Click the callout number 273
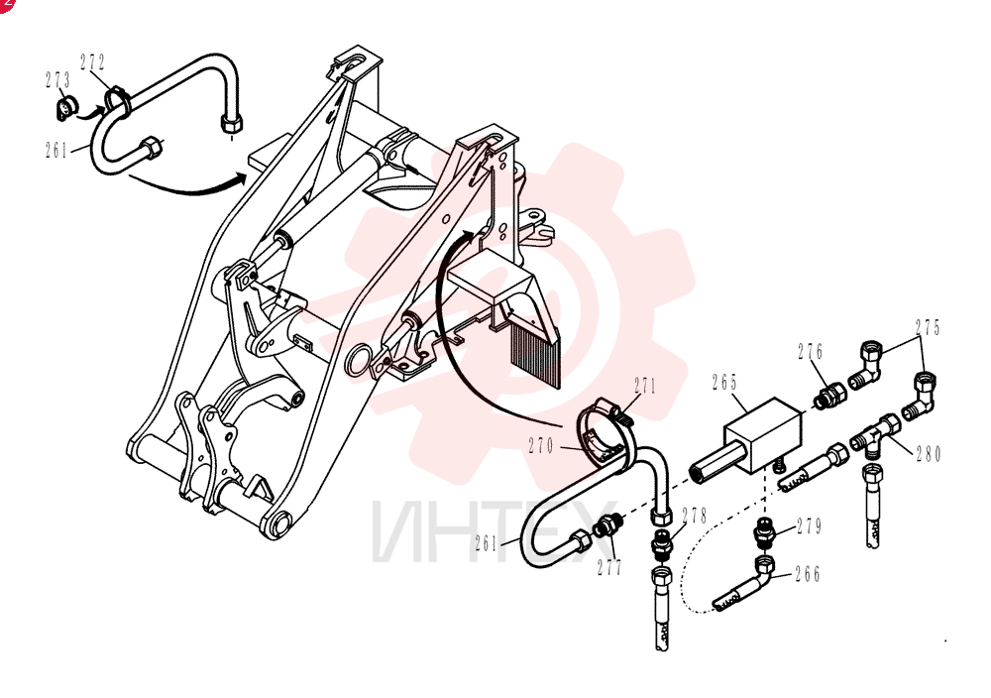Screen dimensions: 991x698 pos(57,80)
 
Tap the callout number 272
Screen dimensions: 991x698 pos(92,61)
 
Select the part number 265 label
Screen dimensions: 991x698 pos(724,383)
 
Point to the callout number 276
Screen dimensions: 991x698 pos(811,352)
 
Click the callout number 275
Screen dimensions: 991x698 pos(928,327)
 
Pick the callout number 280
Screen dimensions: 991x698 pos(930,454)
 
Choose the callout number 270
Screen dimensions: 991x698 pos(541,446)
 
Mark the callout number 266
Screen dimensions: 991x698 pos(808,574)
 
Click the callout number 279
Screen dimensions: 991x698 pos(809,526)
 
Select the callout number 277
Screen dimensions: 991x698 pos(609,567)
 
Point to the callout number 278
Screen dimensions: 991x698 pos(694,516)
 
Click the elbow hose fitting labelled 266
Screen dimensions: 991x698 pos(746,582)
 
